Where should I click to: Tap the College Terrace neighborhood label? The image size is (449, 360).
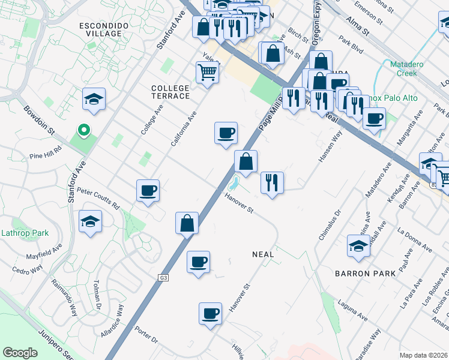click(x=170, y=92)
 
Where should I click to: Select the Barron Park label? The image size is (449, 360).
click(x=365, y=274)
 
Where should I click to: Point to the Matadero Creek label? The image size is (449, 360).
click(x=408, y=68)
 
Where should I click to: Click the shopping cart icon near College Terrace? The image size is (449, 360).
click(x=207, y=73)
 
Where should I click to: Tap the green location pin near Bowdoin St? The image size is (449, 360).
click(x=84, y=130)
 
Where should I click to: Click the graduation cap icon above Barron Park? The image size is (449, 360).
click(x=358, y=246)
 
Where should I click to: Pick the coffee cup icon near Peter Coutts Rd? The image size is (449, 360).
click(x=148, y=191)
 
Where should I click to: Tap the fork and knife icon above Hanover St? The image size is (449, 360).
click(x=272, y=182)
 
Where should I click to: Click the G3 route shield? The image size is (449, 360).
click(x=163, y=278)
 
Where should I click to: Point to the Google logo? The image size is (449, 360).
click(x=20, y=353)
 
